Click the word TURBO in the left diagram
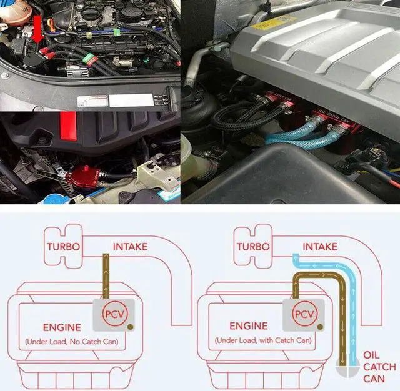click(63, 246)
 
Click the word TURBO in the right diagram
click(253, 246)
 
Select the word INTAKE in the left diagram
click(130, 246)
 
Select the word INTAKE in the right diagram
click(319, 246)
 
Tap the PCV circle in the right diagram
click(304, 314)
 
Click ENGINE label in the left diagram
click(62, 327)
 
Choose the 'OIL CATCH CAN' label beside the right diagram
click(379, 367)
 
